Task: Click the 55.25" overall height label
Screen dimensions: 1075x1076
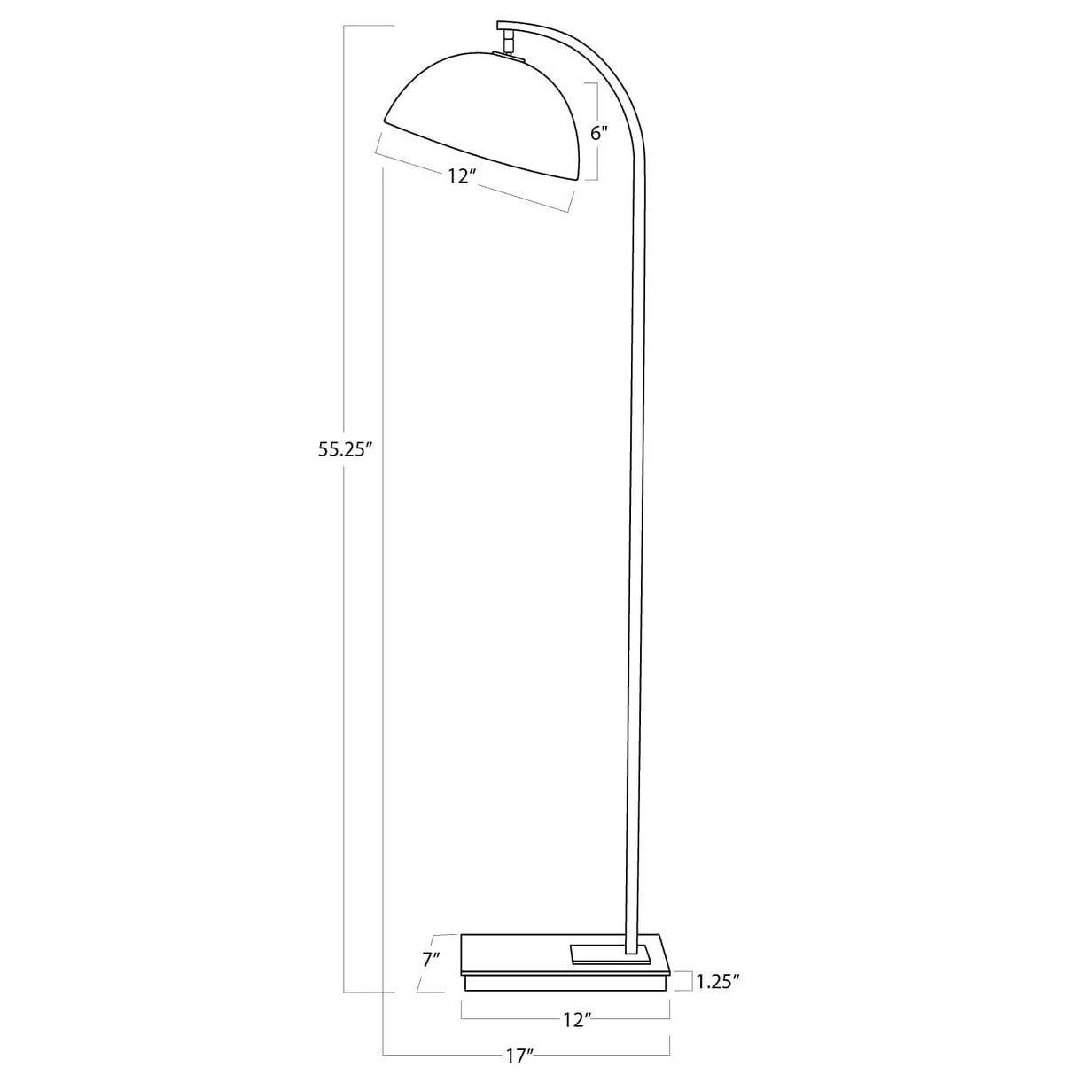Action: click(x=344, y=449)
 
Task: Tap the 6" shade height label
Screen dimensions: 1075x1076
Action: click(x=599, y=133)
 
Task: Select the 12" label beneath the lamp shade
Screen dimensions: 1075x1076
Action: click(x=463, y=175)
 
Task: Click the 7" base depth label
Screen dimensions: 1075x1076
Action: click(x=431, y=959)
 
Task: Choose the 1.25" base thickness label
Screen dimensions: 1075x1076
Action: click(x=718, y=980)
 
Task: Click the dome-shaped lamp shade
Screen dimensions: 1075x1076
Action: click(x=487, y=111)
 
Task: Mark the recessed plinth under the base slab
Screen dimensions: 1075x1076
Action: click(x=564, y=984)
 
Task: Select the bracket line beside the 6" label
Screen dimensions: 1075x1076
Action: click(x=596, y=131)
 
